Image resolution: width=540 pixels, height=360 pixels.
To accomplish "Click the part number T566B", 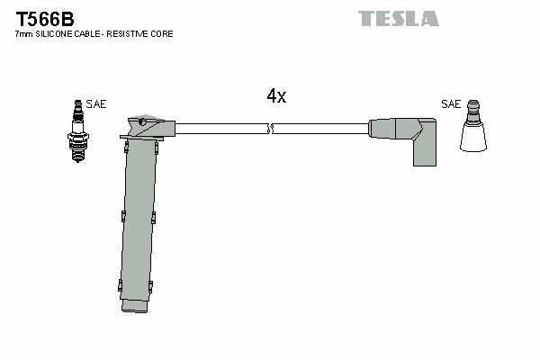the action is tap(45, 19).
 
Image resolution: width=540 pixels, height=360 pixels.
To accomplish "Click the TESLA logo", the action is tap(399, 19).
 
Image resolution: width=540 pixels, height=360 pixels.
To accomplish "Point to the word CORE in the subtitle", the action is tap(163, 34).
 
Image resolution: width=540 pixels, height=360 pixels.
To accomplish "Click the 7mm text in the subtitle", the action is tap(23, 34).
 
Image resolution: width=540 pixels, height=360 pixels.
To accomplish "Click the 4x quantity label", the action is tap(276, 95).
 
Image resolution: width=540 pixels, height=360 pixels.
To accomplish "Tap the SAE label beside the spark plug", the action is tap(96, 104).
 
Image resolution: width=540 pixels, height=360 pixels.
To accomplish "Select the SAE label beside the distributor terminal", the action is tap(451, 104).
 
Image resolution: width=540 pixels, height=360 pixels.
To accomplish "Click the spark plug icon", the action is tap(78, 130).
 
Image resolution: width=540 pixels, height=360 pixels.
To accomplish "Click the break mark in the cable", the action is tap(270, 129).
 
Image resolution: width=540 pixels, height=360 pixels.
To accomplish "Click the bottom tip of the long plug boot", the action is tap(135, 311).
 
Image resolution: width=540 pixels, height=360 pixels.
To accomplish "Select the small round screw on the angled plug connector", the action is tap(141, 121).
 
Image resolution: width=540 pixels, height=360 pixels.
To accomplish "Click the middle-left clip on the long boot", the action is tap(123, 216).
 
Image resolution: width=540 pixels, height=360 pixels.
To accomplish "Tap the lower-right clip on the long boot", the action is tap(150, 286).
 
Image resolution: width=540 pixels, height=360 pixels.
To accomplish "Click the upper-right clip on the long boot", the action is tap(157, 148).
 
